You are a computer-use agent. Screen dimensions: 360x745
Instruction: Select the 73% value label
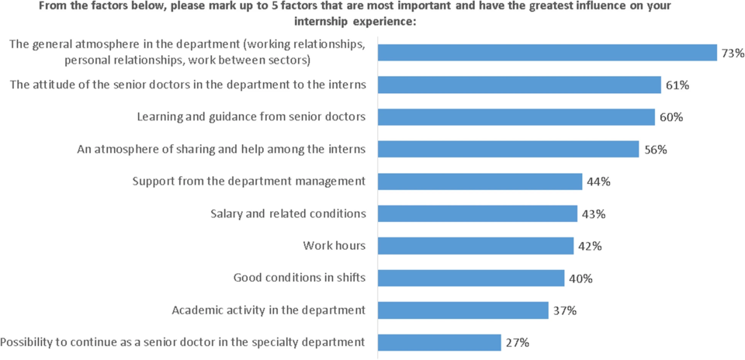pyautogui.click(x=733, y=53)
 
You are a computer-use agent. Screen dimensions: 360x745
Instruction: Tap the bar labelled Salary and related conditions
pyautogui.click(x=477, y=213)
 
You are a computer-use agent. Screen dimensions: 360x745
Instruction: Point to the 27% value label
pyautogui.click(x=518, y=342)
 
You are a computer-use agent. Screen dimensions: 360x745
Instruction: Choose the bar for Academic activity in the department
pyautogui.click(x=463, y=310)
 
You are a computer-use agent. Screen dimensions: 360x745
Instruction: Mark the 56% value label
pyautogui.click(x=656, y=149)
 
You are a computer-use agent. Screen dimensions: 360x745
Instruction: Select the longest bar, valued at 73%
pyautogui.click(x=547, y=52)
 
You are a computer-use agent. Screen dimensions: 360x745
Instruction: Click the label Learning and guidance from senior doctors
pyautogui.click(x=251, y=116)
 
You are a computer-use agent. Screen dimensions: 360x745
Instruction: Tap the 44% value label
pyautogui.click(x=599, y=182)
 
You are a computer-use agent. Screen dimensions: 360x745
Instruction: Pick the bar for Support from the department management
pyautogui.click(x=480, y=181)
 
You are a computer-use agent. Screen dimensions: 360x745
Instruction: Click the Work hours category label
pyautogui.click(x=334, y=246)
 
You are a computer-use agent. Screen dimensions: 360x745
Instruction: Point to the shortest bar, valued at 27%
pyautogui.click(x=439, y=342)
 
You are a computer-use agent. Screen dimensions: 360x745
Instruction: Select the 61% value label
pyautogui.click(x=677, y=85)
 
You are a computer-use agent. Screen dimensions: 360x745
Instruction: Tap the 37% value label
pyautogui.click(x=565, y=310)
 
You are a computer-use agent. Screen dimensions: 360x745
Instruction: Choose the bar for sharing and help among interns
pyautogui.click(x=508, y=149)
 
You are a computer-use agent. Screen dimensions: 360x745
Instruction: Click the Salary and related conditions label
pyautogui.click(x=288, y=213)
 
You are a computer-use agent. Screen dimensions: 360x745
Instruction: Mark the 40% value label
pyautogui.click(x=581, y=278)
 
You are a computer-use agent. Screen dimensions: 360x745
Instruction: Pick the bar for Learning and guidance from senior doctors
pyautogui.click(x=516, y=116)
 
